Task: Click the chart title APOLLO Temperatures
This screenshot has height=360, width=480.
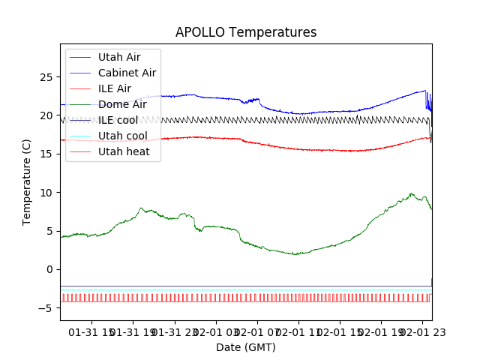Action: coord(246,33)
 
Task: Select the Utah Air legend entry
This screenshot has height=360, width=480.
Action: coord(118,57)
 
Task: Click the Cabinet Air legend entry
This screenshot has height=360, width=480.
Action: coord(127,73)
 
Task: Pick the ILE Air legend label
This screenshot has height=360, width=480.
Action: coord(115,88)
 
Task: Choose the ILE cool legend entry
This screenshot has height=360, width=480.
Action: coord(118,120)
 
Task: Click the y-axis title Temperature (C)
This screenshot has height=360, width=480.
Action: coord(27,182)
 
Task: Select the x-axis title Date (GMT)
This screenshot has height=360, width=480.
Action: coord(246,347)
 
